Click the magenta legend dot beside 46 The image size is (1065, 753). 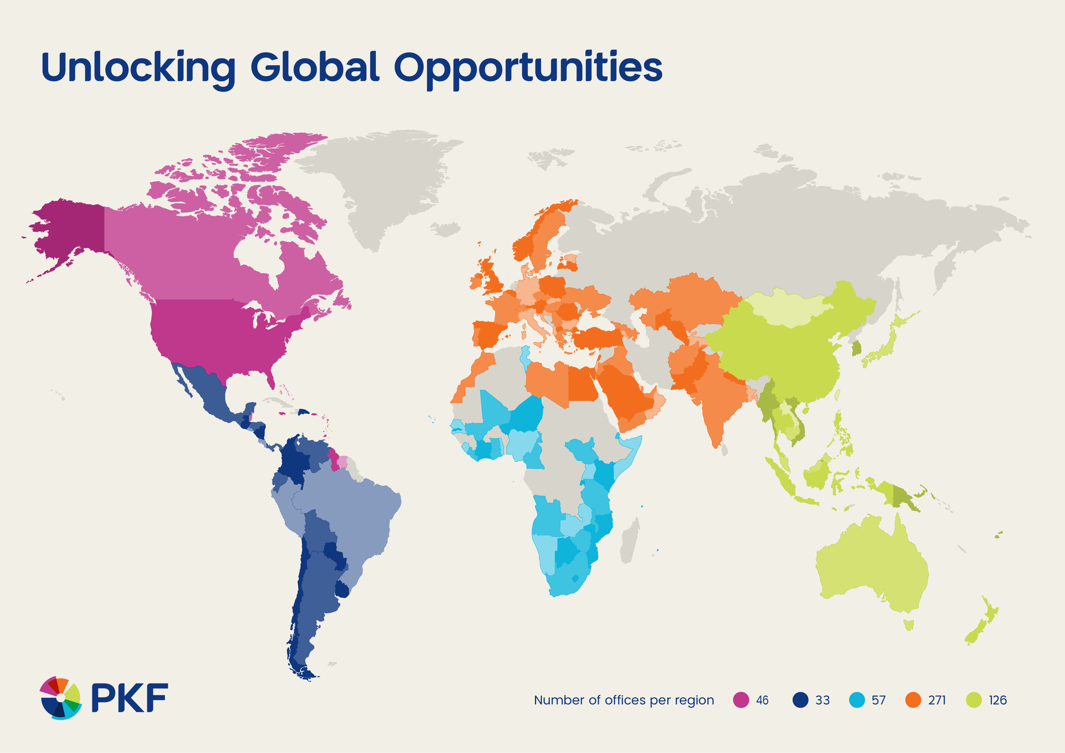[741, 700]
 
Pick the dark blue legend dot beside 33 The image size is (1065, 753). [800, 700]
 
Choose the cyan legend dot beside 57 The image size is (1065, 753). [857, 700]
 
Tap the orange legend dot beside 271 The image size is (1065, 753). [913, 700]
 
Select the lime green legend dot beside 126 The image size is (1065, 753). [974, 700]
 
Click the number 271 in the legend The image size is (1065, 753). [937, 700]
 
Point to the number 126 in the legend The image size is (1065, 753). [998, 700]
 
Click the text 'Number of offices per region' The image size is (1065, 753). [624, 700]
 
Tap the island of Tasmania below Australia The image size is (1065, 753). [909, 625]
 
